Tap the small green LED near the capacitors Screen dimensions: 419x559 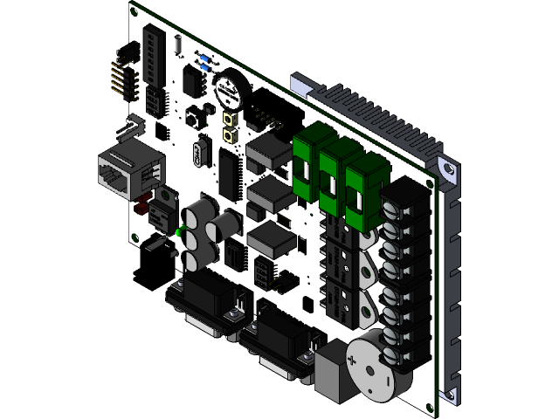coord(179,231)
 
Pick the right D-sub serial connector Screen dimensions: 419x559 coord(281,342)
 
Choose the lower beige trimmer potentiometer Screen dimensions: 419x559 coord(233,135)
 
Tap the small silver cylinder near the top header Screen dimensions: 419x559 coord(179,43)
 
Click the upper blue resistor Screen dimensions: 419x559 coord(204,58)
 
